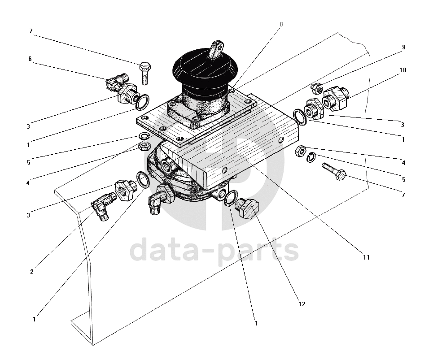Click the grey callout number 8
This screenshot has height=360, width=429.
pyautogui.click(x=281, y=24)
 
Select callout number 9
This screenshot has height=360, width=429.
pyautogui.click(x=403, y=47)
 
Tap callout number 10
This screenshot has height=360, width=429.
pyautogui.click(x=403, y=70)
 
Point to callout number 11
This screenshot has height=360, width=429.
pyautogui.click(x=366, y=257)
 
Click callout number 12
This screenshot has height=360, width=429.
pyautogui.click(x=302, y=304)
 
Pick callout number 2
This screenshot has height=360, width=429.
pyautogui.click(x=32, y=272)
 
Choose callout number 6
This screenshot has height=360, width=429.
pyautogui.click(x=30, y=59)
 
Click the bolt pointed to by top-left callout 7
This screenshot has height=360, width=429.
pyautogui.click(x=145, y=73)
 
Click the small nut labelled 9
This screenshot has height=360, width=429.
pyautogui.click(x=317, y=87)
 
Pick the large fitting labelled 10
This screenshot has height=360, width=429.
pyautogui.click(x=335, y=98)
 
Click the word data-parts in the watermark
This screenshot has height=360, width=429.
pyautogui.click(x=214, y=250)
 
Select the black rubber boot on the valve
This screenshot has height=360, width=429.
pyautogui.click(x=206, y=72)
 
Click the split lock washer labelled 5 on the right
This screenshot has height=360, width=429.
pyautogui.click(x=311, y=157)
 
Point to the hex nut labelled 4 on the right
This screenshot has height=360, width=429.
pyautogui.click(x=300, y=151)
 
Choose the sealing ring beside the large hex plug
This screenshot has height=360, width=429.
pyautogui.click(x=230, y=198)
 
